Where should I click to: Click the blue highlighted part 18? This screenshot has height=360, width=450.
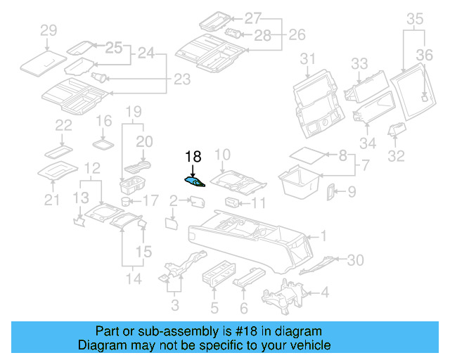[x=195, y=182]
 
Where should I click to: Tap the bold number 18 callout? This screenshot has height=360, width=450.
[x=193, y=157]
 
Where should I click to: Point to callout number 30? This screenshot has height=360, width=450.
[x=356, y=260]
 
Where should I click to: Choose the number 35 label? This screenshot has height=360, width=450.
[x=416, y=18]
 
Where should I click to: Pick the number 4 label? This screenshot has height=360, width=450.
[x=324, y=292]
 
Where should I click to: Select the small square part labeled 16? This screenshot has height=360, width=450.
[x=104, y=143]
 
